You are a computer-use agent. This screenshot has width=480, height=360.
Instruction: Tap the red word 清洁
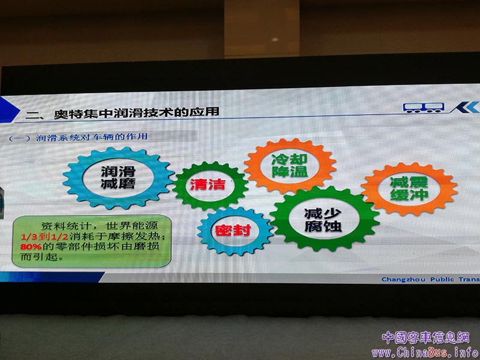208,184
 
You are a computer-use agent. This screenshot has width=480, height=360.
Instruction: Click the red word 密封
233,230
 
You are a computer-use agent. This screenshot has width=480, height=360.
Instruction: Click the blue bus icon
424,108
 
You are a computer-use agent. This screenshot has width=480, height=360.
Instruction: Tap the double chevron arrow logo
464,107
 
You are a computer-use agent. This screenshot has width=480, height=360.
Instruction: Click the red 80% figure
31,246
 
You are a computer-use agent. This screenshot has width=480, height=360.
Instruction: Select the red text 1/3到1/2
44,236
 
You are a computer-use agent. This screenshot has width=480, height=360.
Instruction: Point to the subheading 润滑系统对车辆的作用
92,137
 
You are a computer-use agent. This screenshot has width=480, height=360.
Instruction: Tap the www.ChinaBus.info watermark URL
425,353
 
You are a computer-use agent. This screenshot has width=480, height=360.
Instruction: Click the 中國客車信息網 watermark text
425,338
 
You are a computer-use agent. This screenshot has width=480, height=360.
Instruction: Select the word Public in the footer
442,279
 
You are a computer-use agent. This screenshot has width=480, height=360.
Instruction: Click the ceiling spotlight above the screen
275,40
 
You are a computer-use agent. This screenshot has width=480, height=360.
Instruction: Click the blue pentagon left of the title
8,110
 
